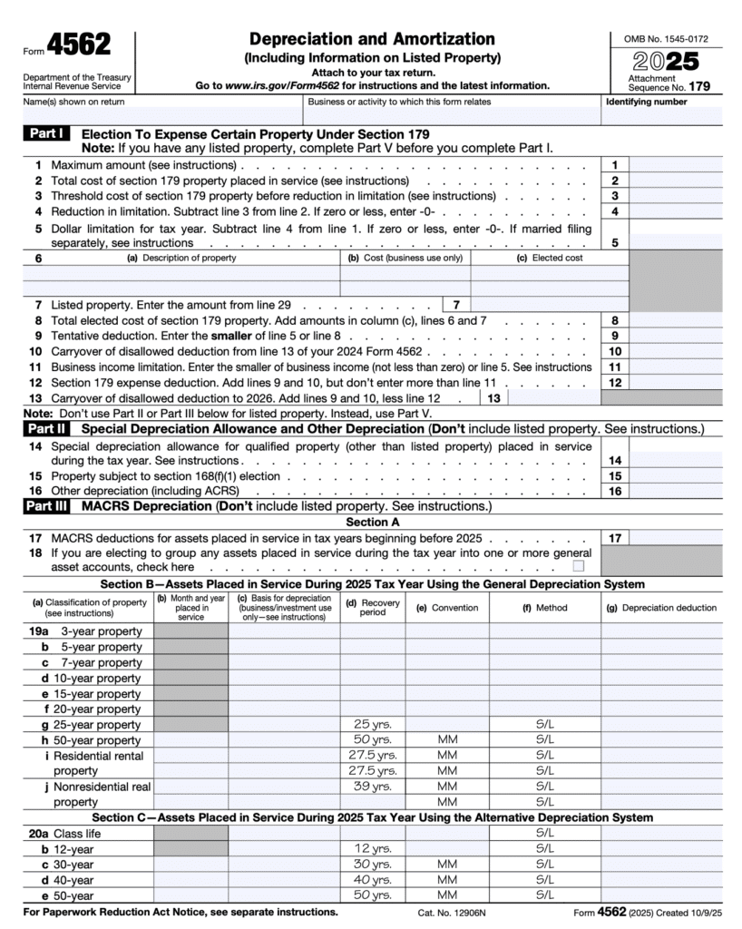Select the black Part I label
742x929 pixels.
tap(46, 133)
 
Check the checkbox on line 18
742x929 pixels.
tap(578, 566)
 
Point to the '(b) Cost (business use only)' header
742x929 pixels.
tap(405, 258)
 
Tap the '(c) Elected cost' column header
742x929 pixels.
tap(550, 258)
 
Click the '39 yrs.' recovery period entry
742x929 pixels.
tap(373, 787)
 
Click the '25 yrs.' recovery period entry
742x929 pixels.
tap(373, 725)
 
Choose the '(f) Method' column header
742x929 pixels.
tap(545, 608)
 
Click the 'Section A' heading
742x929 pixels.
tap(372, 522)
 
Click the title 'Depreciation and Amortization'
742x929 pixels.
tap(372, 39)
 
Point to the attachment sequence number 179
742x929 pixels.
tap(698, 87)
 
